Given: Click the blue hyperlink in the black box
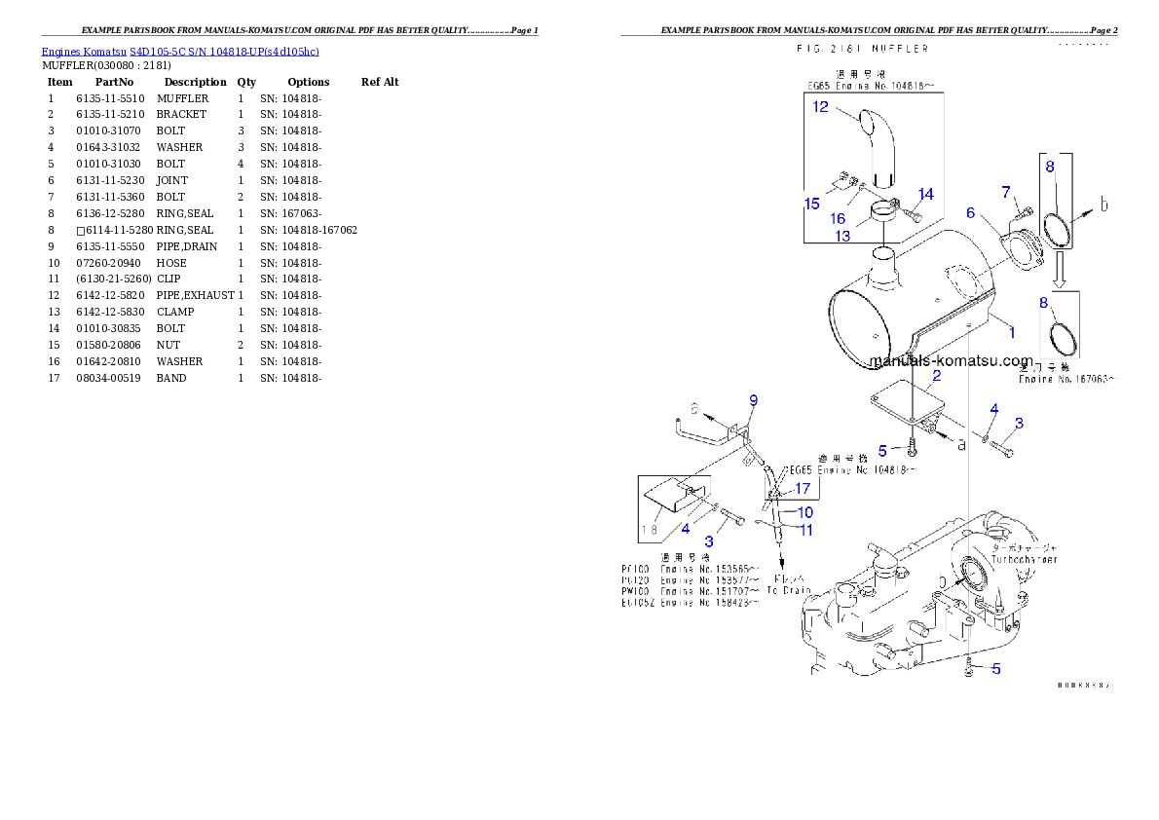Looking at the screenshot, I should pyautogui.click(x=180, y=51).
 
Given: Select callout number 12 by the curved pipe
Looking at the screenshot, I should pyautogui.click(x=821, y=107).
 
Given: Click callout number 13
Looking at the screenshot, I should pyautogui.click(x=842, y=236).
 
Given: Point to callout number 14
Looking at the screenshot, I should pyautogui.click(x=925, y=195).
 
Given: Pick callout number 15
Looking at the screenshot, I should pyautogui.click(x=811, y=204).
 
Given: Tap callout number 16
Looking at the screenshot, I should pyautogui.click(x=838, y=219).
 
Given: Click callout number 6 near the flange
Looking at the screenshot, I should pyautogui.click(x=971, y=213).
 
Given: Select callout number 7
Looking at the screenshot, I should pyautogui.click(x=1006, y=192).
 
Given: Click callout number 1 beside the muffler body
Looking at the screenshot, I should pyautogui.click(x=1012, y=333).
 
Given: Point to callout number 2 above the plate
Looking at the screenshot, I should pyautogui.click(x=936, y=376).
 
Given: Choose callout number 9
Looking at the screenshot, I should pyautogui.click(x=753, y=400).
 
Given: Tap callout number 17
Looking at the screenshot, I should pyautogui.click(x=803, y=488).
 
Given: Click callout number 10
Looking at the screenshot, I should pyautogui.click(x=805, y=512).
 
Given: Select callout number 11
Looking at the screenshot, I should pyautogui.click(x=806, y=531).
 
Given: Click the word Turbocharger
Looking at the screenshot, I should pyautogui.click(x=1024, y=560).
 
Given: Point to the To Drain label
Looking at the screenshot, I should pyautogui.click(x=788, y=590).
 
